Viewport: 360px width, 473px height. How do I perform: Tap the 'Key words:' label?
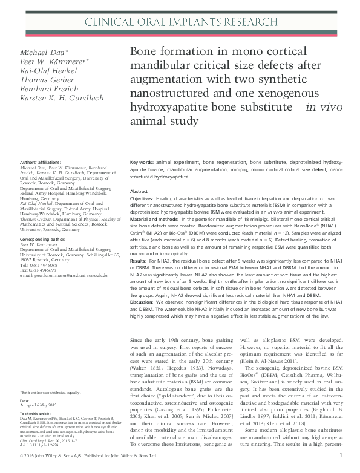142,163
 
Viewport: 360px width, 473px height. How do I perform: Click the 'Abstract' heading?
139,191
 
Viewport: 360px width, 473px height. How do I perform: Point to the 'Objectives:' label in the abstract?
144,198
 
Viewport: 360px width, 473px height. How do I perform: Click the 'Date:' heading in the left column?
24,401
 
